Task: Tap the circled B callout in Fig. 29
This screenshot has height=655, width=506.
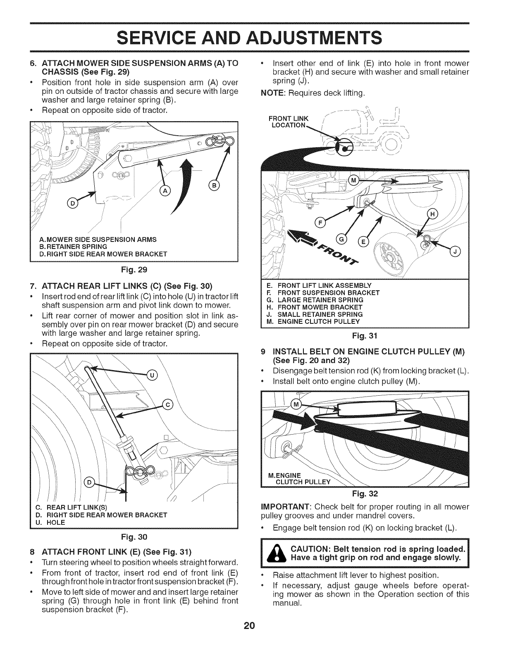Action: pos(215,184)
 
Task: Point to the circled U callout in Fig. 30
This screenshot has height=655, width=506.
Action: pos(152,375)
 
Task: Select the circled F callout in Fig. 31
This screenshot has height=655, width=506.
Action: pos(319,224)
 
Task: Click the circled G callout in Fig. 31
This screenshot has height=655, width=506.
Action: pos(343,239)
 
